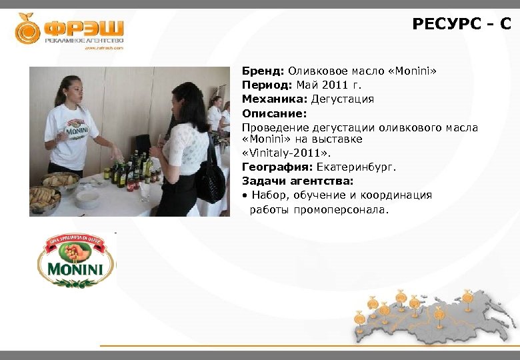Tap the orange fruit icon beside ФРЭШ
[x=28, y=29]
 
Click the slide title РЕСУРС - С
[x=461, y=25]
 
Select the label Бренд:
[x=263, y=70]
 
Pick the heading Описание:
[x=274, y=113]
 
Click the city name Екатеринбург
[x=356, y=167]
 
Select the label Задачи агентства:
[x=297, y=181]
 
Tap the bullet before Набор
[x=245, y=195]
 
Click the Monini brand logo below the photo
[x=75, y=261]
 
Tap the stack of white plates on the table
[x=87, y=198]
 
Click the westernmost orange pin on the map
[x=359, y=317]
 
